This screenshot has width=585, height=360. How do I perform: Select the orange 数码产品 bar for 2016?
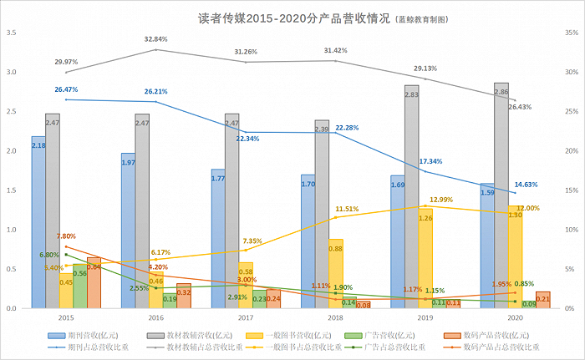pyautogui.click(x=184, y=296)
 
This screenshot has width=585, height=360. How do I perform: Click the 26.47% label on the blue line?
pyautogui.click(x=67, y=89)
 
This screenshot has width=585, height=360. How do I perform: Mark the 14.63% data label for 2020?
pyautogui.click(x=526, y=184)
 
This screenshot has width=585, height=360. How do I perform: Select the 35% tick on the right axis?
pyautogui.click(x=572, y=33)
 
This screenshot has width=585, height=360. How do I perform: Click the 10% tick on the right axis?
pyautogui.click(x=572, y=230)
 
